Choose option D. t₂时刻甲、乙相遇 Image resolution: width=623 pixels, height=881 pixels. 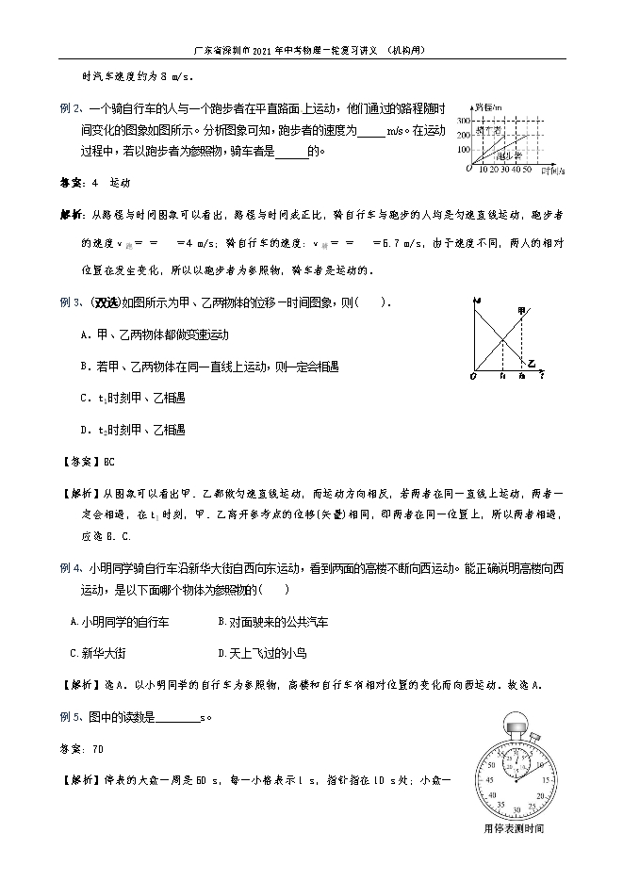[132, 429]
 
